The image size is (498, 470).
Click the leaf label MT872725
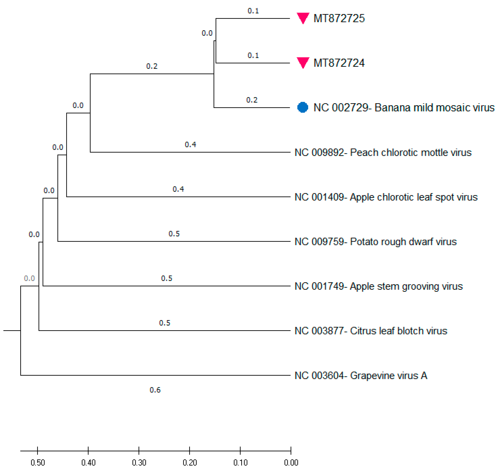[339, 18]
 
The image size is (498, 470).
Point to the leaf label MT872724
[339, 63]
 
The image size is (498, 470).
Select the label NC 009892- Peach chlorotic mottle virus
[383, 152]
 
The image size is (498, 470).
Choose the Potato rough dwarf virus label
[375, 242]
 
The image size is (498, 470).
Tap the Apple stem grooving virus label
[378, 286]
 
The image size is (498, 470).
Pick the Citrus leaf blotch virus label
[371, 331]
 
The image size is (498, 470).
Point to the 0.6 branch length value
[155, 390]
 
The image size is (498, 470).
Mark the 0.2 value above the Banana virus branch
[252, 100]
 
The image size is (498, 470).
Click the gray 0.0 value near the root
[29, 278]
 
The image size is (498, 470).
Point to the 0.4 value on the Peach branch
[190, 144]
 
